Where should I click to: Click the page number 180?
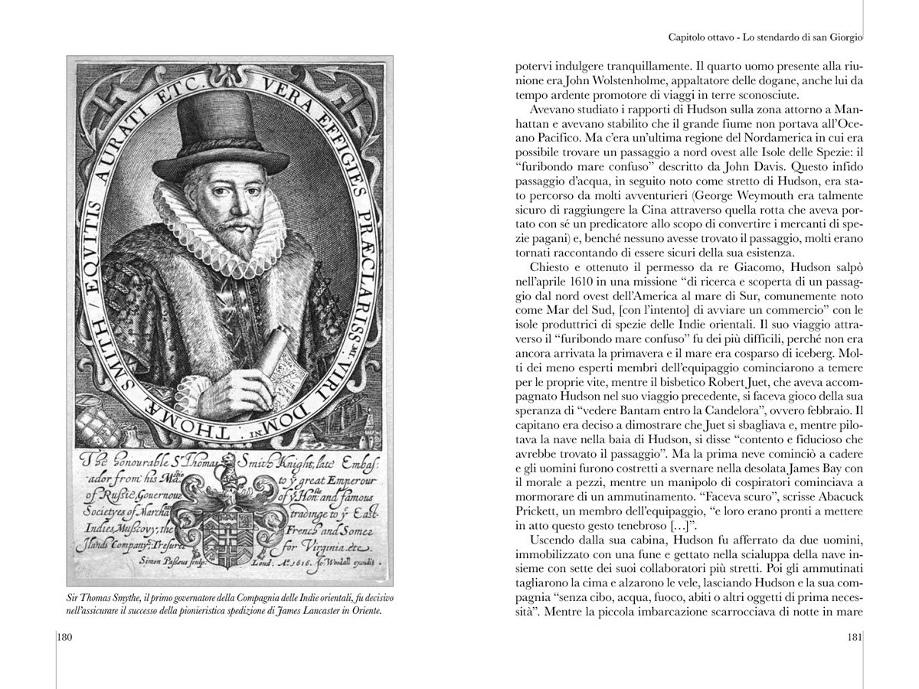point(65,637)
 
